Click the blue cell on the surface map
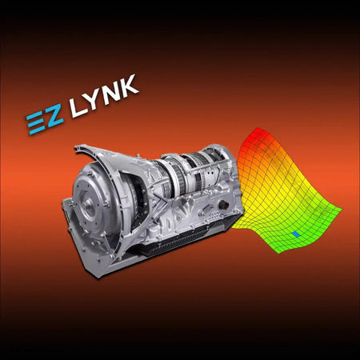coord(296,234)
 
